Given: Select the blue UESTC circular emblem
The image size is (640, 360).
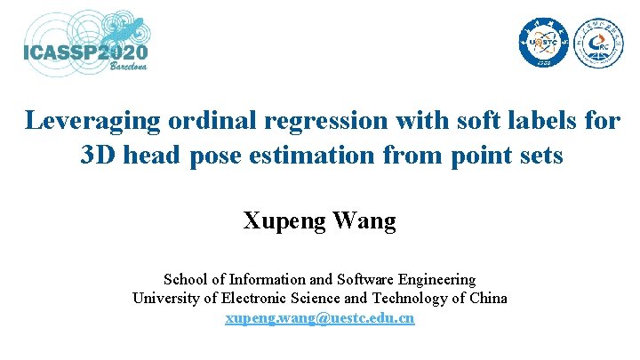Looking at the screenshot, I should [x=542, y=43].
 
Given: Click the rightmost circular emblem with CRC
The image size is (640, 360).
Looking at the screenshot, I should [x=598, y=43].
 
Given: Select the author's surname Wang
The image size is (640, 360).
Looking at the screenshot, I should [x=364, y=220].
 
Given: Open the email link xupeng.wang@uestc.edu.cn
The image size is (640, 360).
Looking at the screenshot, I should [x=320, y=317].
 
